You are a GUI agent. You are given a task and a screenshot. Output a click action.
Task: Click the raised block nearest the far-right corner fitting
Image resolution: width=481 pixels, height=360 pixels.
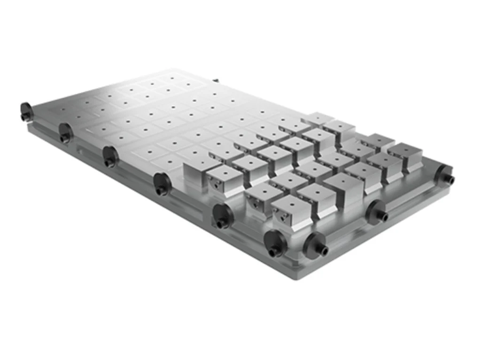(405, 157)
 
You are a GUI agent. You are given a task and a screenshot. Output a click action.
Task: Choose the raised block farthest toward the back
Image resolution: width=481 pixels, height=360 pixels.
(318, 119)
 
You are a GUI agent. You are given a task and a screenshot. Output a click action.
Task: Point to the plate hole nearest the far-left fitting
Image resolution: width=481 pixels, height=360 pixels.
(63, 109)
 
